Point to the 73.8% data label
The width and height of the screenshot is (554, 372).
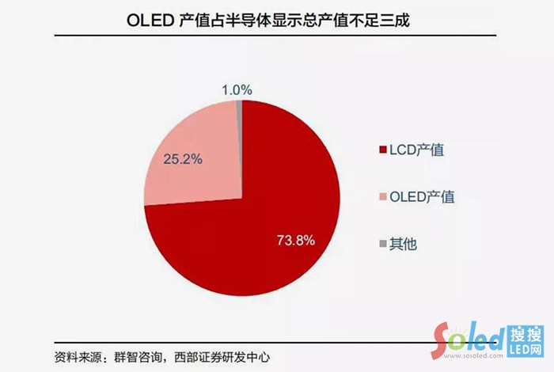(x=296, y=240)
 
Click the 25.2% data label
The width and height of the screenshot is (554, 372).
(x=183, y=159)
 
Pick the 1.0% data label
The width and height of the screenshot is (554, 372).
(x=237, y=89)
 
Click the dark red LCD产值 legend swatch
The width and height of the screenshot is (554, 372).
(x=383, y=150)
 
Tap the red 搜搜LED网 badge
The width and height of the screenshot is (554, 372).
(x=526, y=340)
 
